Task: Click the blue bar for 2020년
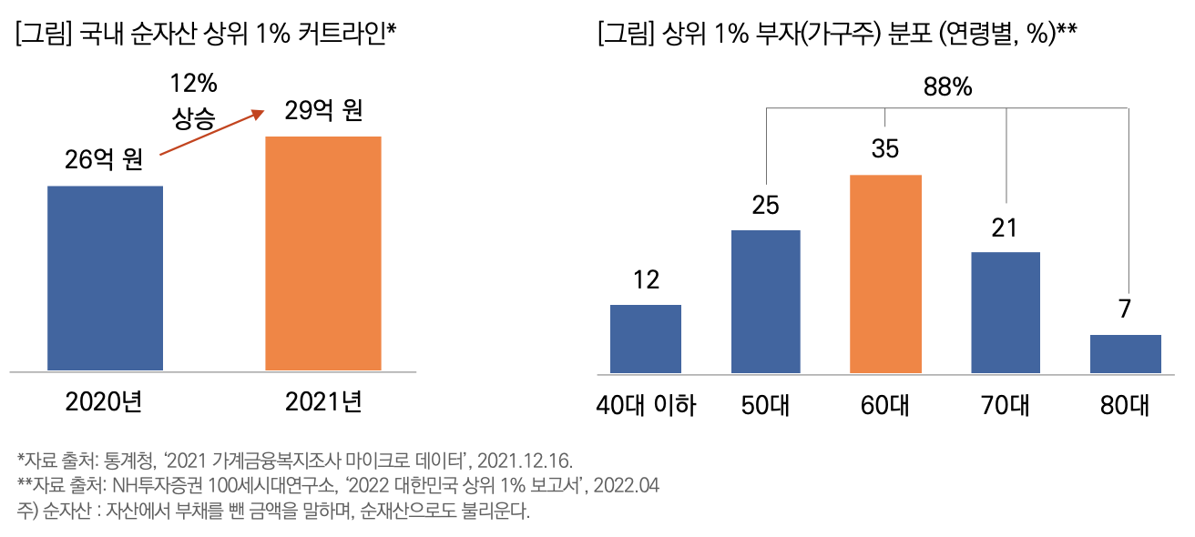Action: point(105,278)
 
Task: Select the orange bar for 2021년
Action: point(322,253)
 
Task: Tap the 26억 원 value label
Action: point(104,160)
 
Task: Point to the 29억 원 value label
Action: point(323,112)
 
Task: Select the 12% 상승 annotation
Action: point(193,101)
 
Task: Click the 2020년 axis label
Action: point(104,401)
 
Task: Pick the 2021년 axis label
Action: point(323,401)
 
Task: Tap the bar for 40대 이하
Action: point(646,339)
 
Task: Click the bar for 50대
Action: point(765,301)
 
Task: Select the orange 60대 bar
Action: point(885,273)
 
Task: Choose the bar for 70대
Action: point(1006,312)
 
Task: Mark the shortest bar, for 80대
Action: point(1126,353)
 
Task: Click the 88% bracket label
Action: point(947,87)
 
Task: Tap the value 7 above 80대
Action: point(1125,309)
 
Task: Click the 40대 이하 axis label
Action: point(646,405)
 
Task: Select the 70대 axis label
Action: point(1006,405)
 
